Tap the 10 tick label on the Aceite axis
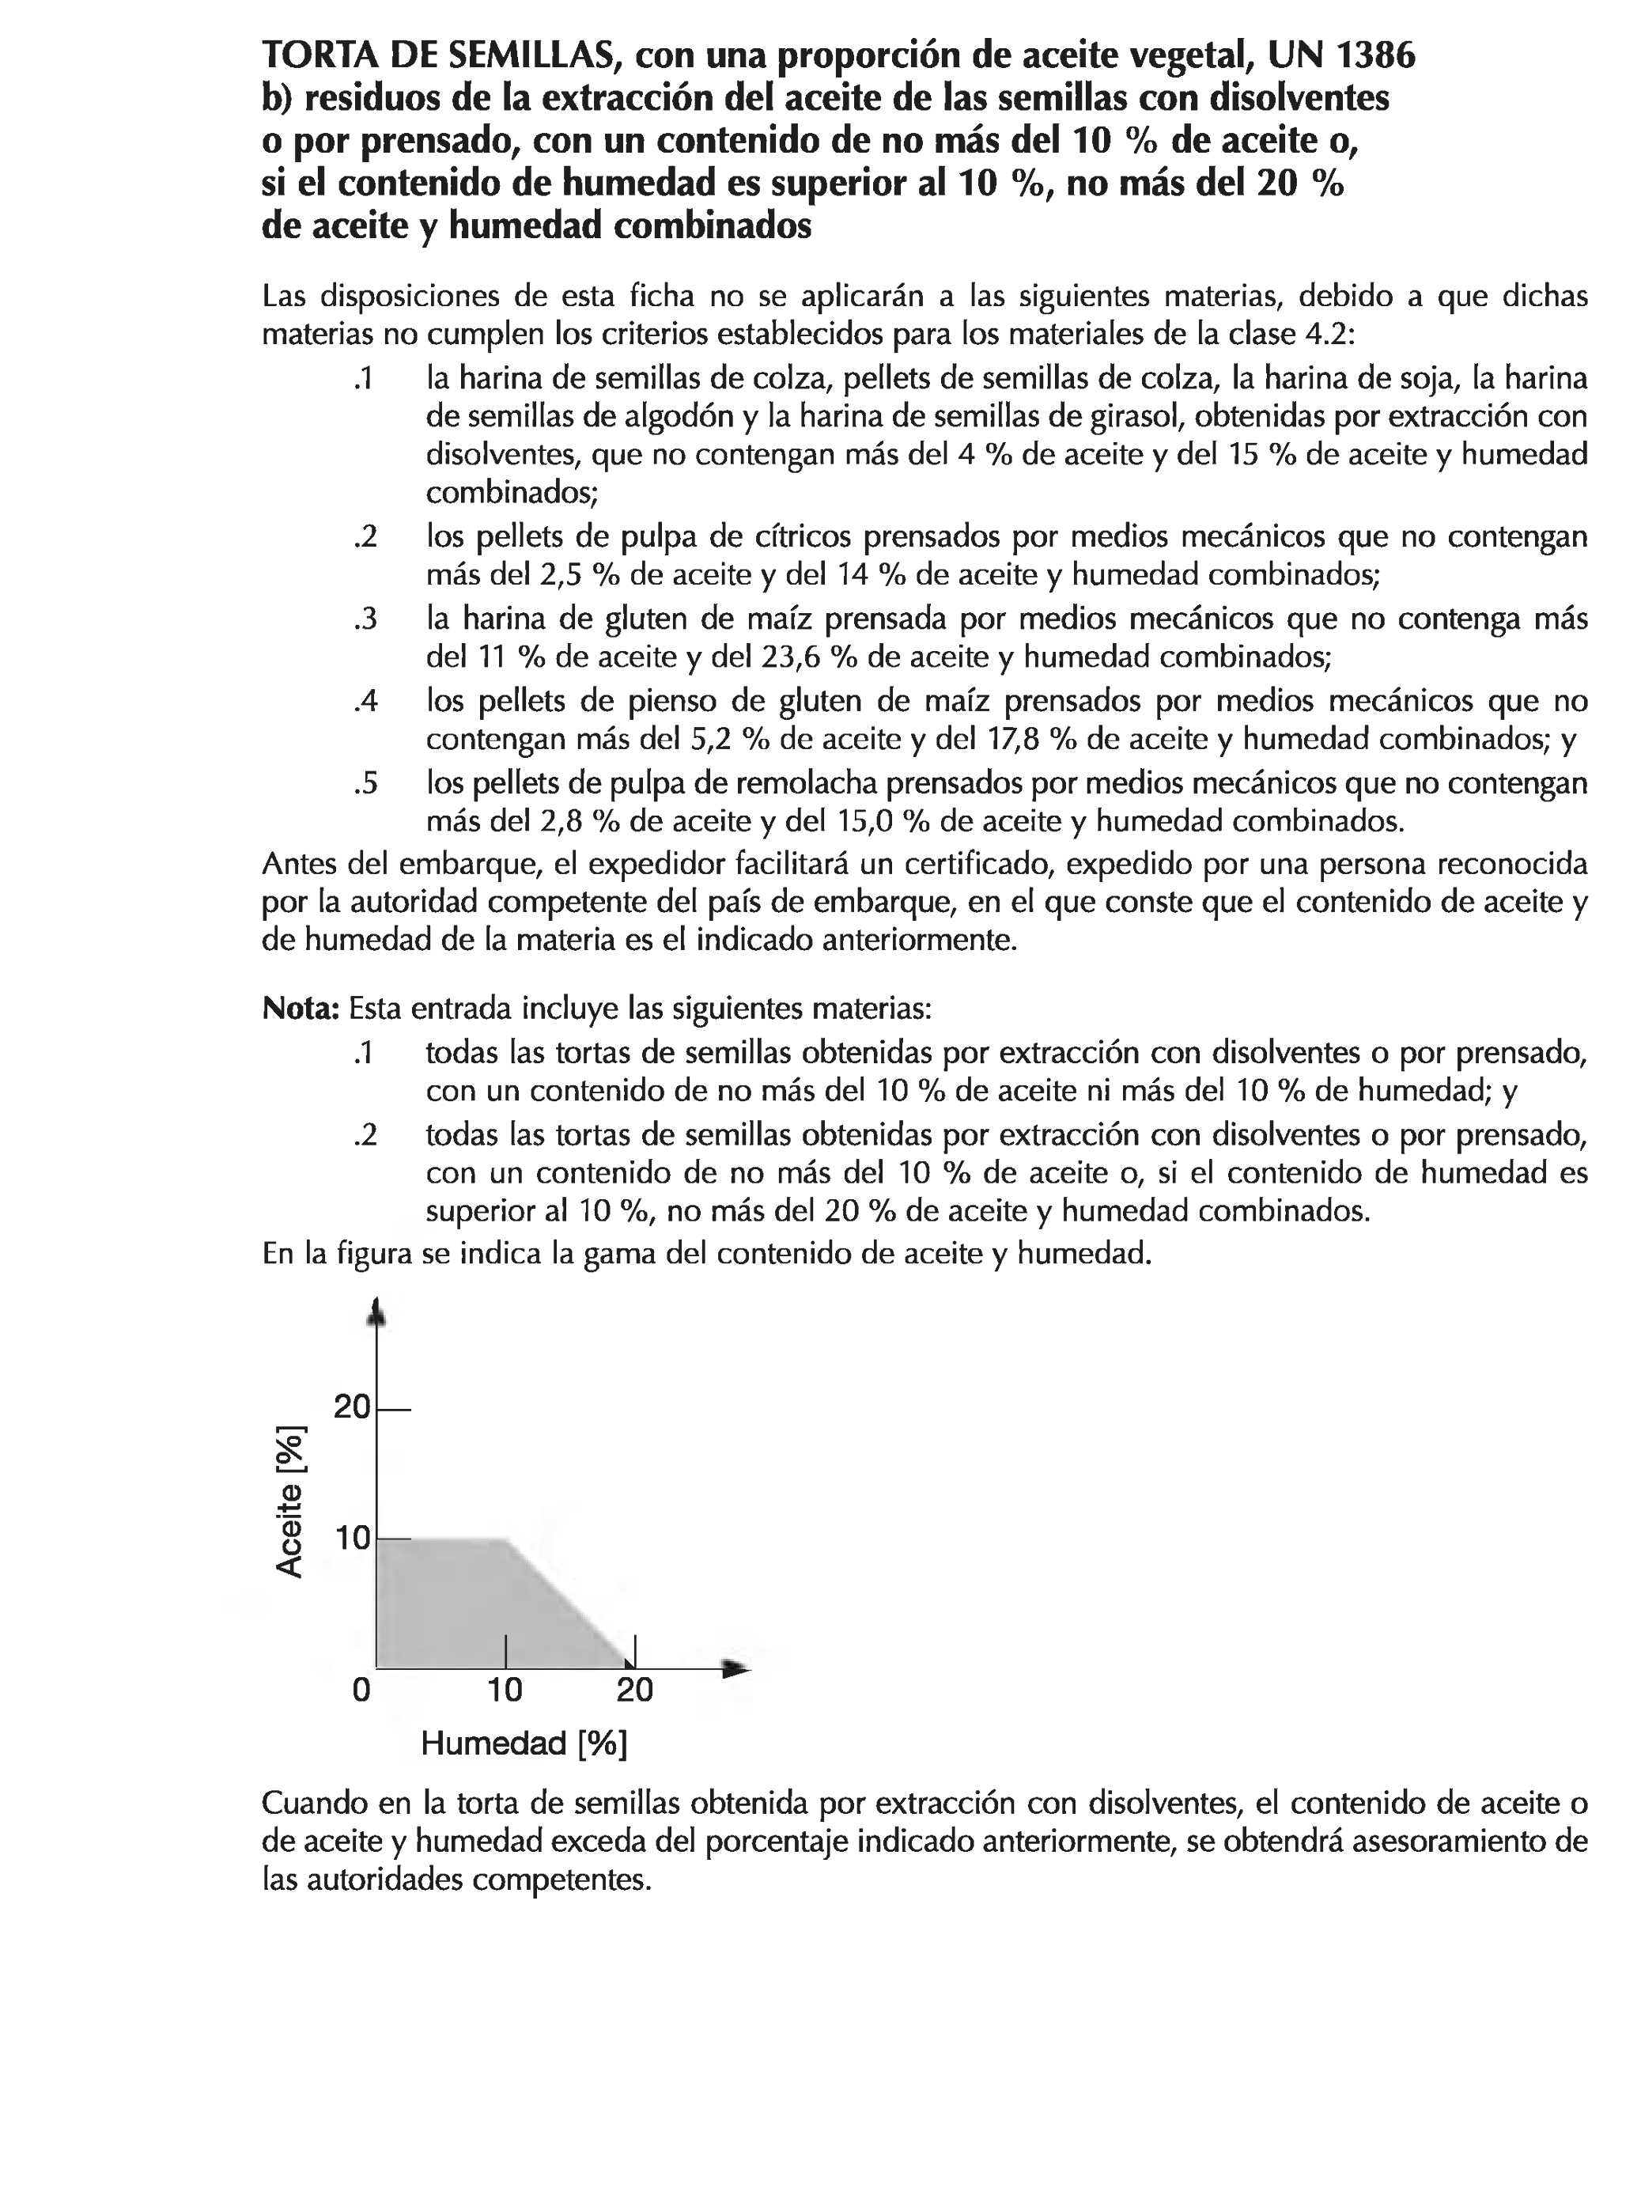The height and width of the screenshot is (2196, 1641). pos(354,1539)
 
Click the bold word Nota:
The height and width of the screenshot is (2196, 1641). pos(301,1009)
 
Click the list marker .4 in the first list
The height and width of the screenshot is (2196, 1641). pos(365,702)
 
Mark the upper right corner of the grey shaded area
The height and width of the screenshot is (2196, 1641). pos(507,1539)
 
